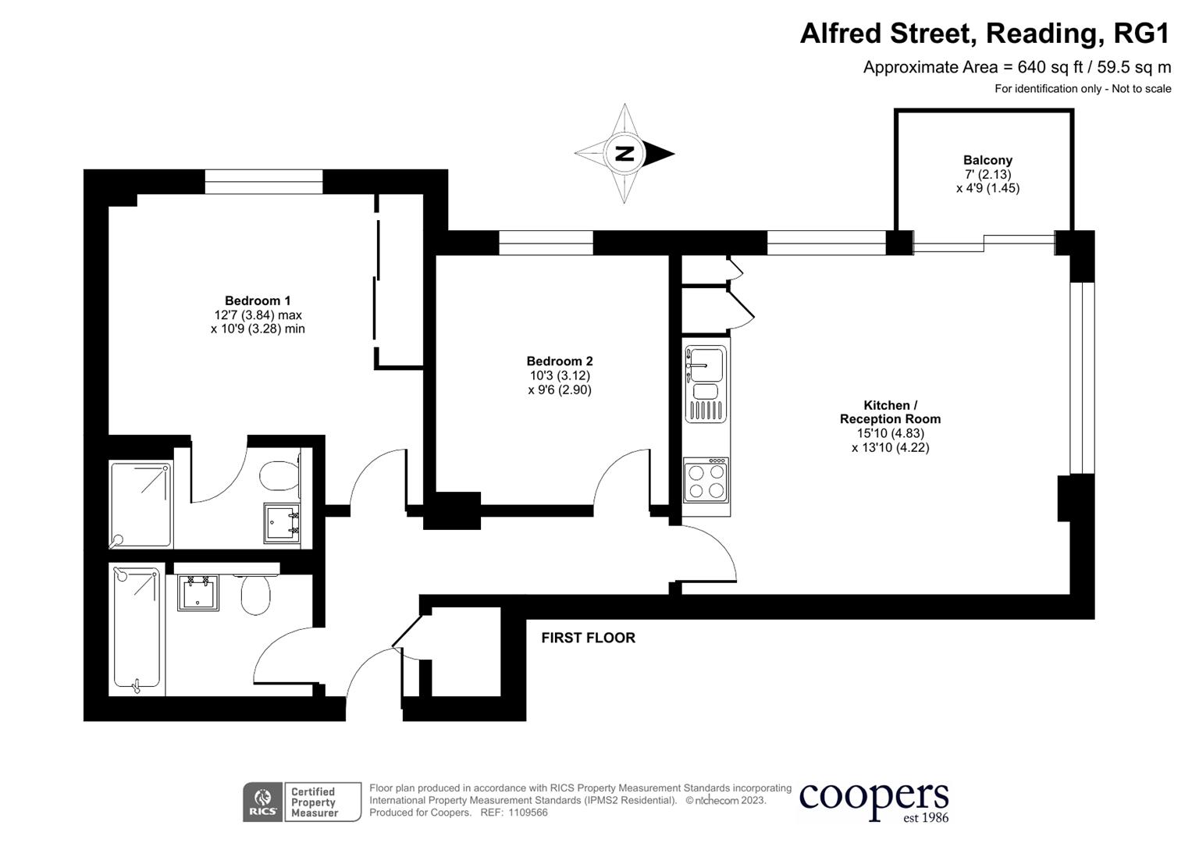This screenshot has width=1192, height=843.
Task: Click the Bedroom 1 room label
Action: (x=258, y=301)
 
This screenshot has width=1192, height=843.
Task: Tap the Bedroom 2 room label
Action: (x=559, y=361)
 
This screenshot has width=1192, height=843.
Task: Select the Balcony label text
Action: (x=987, y=160)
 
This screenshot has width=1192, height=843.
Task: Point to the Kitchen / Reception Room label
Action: (x=890, y=412)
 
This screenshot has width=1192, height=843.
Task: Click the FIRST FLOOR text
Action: (x=588, y=638)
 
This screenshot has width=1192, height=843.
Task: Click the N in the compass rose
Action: (x=624, y=153)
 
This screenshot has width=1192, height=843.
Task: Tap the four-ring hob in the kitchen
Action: (x=706, y=482)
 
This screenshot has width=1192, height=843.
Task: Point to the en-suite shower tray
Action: (x=141, y=504)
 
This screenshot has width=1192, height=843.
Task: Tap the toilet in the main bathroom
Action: (x=255, y=595)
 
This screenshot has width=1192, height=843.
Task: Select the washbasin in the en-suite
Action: (x=281, y=522)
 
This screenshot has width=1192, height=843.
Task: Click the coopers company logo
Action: (x=874, y=801)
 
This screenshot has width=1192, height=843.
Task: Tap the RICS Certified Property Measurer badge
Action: (x=302, y=802)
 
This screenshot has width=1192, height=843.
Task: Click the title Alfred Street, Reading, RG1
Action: (x=985, y=34)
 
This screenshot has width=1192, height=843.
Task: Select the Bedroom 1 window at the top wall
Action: (x=264, y=182)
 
